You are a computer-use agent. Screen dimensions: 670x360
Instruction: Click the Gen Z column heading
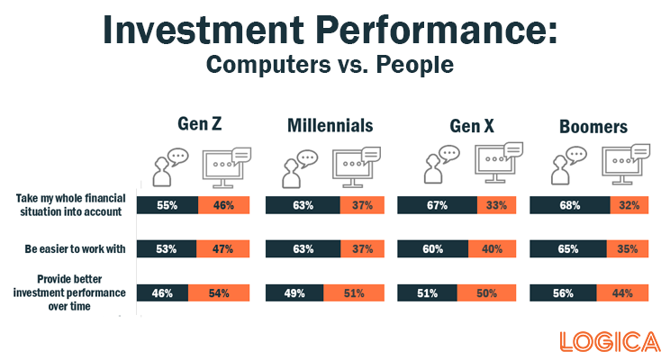(200, 124)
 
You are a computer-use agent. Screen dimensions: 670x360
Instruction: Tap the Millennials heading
(330, 126)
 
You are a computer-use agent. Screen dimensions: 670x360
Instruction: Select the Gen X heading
(472, 126)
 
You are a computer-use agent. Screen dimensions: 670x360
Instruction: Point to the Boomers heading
(593, 127)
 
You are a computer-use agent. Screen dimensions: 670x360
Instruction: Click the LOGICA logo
(611, 342)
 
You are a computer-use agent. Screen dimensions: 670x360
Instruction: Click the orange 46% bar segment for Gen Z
(224, 205)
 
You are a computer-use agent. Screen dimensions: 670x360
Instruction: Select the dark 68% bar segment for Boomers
(570, 205)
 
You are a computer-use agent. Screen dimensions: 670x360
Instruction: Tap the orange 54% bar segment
(219, 293)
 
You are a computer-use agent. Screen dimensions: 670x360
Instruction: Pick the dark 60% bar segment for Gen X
(433, 249)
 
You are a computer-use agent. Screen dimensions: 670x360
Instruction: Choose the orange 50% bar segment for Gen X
(486, 293)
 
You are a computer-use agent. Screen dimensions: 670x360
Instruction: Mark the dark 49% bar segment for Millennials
(294, 293)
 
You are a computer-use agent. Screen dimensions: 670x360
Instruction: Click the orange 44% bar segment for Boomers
(622, 293)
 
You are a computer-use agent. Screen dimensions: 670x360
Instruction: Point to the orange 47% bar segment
(223, 249)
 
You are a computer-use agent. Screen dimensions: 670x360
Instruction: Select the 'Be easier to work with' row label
(76, 249)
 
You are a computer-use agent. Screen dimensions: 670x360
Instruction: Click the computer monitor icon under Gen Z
(226, 167)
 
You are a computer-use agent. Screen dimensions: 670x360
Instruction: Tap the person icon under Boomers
(568, 166)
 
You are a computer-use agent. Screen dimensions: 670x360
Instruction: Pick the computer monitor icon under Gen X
(499, 163)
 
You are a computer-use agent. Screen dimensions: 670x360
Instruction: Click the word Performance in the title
(437, 29)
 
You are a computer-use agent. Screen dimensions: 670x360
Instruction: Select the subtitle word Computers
(268, 65)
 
